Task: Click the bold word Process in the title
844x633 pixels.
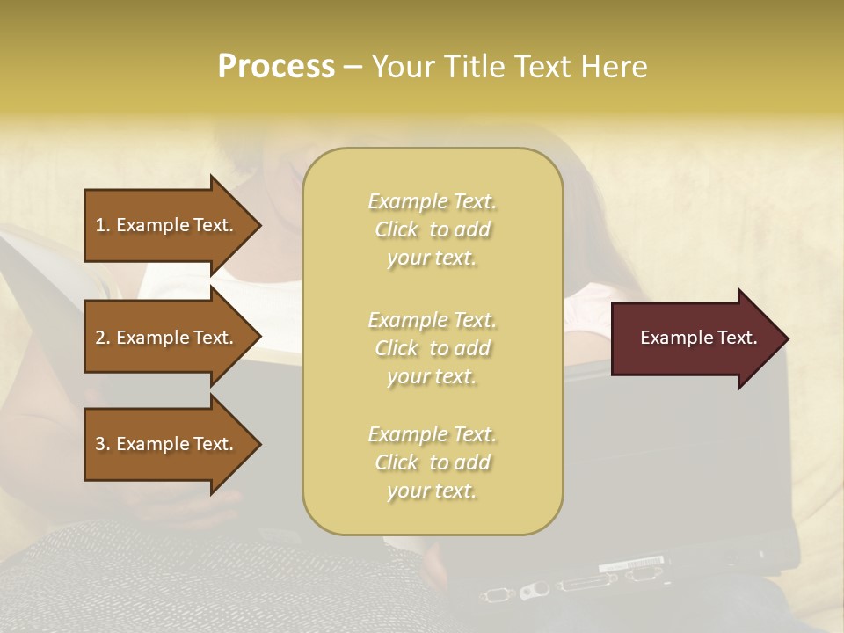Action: click(x=276, y=67)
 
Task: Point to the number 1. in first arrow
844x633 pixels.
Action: click(x=103, y=225)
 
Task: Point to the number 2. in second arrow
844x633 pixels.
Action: click(x=103, y=338)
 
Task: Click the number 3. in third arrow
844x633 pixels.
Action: click(x=103, y=444)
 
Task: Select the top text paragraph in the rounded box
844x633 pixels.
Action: click(x=432, y=229)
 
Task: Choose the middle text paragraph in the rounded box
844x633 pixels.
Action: click(x=432, y=348)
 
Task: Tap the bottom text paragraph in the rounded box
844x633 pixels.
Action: click(x=432, y=462)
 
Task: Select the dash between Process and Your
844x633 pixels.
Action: click(x=353, y=68)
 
